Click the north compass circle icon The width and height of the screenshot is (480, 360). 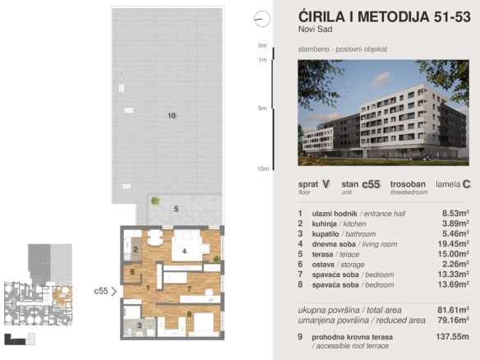(x=262, y=19)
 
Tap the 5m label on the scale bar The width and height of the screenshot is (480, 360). (x=262, y=108)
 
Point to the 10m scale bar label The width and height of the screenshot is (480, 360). (x=263, y=168)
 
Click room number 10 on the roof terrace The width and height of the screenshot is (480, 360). (x=172, y=115)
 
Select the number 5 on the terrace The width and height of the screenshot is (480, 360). (x=176, y=209)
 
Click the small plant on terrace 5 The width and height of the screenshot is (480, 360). (x=155, y=201)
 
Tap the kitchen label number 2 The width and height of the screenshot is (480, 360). (x=136, y=250)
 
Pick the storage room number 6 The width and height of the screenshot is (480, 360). (x=132, y=271)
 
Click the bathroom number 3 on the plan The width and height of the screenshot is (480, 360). (x=139, y=325)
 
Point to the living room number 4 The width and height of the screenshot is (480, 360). (x=184, y=251)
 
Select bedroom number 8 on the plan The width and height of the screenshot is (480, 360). (x=189, y=314)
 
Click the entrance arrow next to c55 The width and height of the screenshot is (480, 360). (x=114, y=291)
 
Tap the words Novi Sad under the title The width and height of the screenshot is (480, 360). (x=316, y=29)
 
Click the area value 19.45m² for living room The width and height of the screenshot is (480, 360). (x=454, y=243)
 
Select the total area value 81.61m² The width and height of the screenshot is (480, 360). (x=454, y=310)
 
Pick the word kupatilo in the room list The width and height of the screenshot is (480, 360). (x=325, y=234)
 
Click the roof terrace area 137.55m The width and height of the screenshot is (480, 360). (x=452, y=336)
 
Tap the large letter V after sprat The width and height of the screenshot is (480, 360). (x=325, y=184)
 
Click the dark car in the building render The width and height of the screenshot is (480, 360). (x=421, y=157)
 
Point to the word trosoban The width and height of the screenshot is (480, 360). (x=408, y=184)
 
